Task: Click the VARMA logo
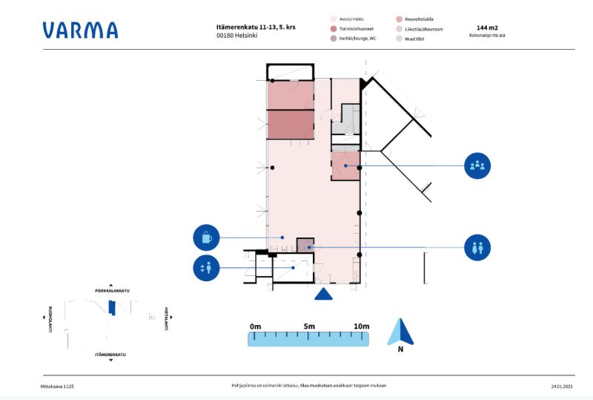80,30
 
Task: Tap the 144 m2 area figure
487,27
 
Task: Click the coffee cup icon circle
207,238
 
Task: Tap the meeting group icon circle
477,165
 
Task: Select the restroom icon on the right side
477,247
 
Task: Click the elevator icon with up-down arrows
207,267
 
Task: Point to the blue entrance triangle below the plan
323,294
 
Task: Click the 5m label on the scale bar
309,327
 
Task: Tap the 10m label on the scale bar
361,327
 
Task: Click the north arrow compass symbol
400,332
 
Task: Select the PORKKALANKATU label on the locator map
111,290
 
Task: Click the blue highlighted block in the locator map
111,307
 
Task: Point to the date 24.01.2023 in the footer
561,386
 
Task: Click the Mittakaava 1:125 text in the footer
57,386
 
